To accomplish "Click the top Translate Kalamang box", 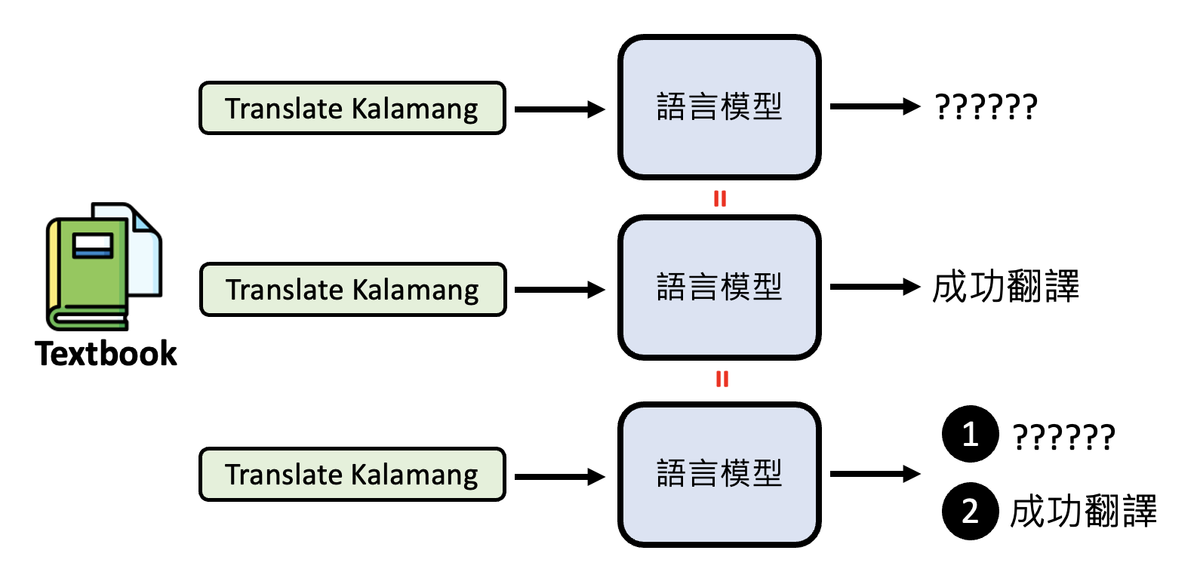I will click(352, 108).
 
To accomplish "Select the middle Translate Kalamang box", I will click(352, 289).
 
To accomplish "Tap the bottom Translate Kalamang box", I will click(352, 474).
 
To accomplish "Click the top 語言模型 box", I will click(719, 107).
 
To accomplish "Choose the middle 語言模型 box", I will click(719, 287).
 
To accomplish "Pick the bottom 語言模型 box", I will click(719, 474).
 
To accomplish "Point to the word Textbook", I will click(106, 353).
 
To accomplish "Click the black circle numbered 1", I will click(970, 434).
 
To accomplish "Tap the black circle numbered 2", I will click(970, 511).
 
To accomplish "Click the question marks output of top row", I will click(986, 107).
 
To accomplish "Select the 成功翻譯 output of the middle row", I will click(1005, 287).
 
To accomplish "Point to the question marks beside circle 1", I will click(1063, 437).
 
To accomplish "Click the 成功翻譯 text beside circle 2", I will click(1083, 512).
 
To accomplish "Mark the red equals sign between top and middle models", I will click(720, 198).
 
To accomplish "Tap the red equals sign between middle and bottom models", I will click(722, 379).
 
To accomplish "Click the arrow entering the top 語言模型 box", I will click(559, 109).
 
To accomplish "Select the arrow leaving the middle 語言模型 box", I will click(875, 287).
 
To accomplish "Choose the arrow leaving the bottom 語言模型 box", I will click(875, 474).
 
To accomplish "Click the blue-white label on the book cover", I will click(92, 245).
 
